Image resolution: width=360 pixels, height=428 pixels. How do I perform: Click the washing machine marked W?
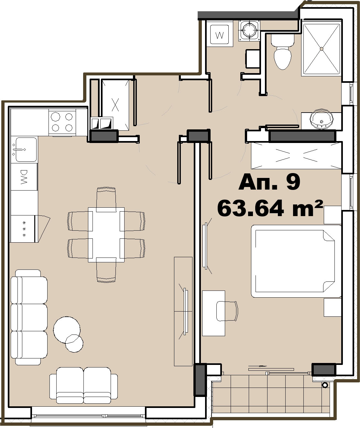click(220, 34)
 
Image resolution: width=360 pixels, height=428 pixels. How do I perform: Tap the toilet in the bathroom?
click(283, 52)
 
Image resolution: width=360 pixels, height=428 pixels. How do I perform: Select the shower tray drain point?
click(322, 49)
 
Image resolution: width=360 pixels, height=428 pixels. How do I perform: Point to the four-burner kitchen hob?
click(62, 122)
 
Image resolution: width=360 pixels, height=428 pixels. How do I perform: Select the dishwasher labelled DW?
click(24, 177)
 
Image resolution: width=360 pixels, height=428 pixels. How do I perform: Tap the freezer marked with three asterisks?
click(23, 228)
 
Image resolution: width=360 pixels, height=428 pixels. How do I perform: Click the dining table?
click(106, 235)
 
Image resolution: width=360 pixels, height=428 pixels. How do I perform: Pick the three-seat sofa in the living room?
click(29, 317)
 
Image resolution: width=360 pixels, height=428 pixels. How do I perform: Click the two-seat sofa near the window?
click(84, 385)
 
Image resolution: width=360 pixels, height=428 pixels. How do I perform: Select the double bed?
click(296, 261)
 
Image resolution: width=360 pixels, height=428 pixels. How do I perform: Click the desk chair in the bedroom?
click(227, 311)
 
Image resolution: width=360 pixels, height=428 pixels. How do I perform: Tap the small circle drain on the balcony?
click(325, 385)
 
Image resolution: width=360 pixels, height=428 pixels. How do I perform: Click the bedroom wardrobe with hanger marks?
click(296, 156)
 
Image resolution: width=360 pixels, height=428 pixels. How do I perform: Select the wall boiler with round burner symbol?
click(249, 30)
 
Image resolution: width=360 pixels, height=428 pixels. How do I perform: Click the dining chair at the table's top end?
click(106, 199)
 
